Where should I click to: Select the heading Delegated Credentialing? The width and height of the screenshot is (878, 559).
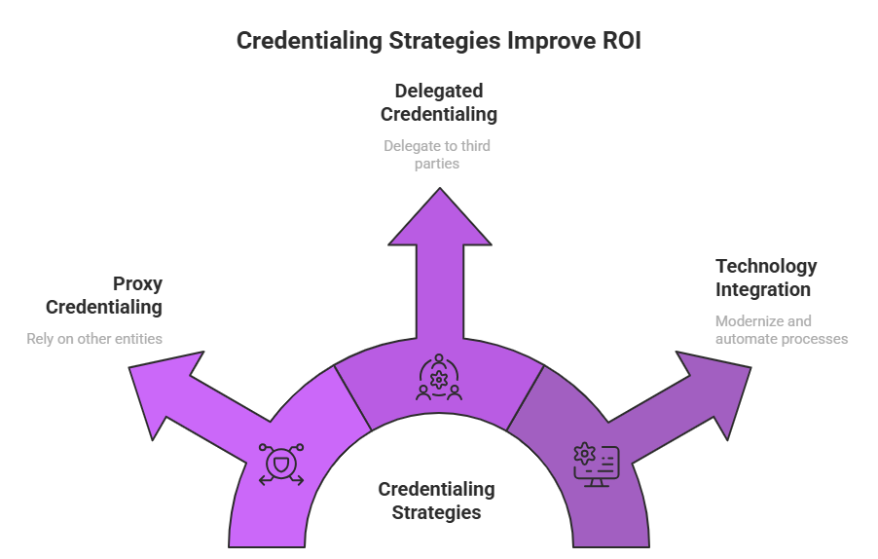click(438, 102)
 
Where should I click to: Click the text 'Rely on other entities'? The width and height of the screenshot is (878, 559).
click(93, 339)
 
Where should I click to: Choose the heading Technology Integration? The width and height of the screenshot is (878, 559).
click(766, 278)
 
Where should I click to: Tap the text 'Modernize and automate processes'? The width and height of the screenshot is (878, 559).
click(781, 329)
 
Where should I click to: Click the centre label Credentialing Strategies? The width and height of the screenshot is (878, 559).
click(436, 501)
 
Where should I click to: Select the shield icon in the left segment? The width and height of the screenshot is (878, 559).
click(281, 464)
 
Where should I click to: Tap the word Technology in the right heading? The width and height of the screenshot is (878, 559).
click(766, 266)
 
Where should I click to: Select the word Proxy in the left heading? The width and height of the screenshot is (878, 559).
click(137, 283)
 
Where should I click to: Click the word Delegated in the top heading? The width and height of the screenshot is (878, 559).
click(439, 91)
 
